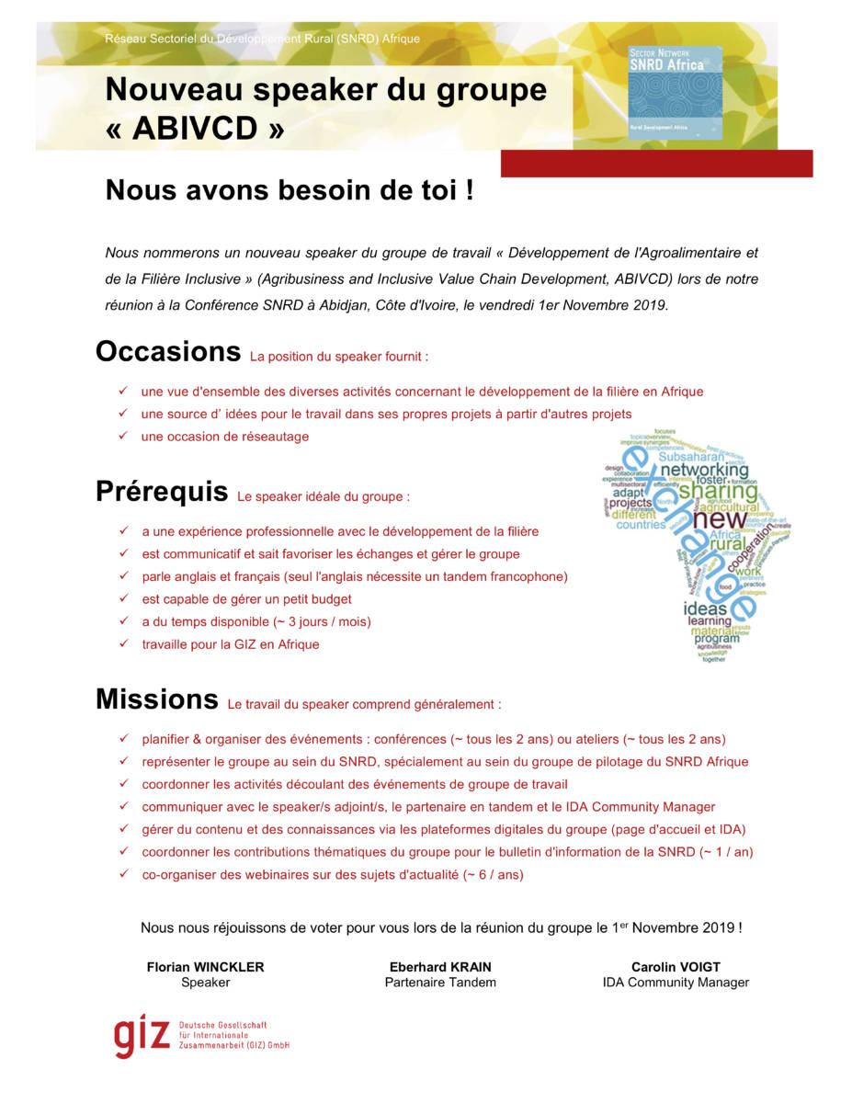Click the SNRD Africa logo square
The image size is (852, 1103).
coord(675,93)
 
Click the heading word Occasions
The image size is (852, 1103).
coord(168,351)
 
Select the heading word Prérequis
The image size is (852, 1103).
coord(162,492)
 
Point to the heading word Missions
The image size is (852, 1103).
coord(157,699)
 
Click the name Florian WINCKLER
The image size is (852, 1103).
coord(205,967)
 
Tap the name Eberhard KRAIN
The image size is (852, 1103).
coord(440,967)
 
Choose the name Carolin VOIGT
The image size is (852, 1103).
coord(676,967)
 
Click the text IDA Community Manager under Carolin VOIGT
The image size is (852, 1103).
coord(676,983)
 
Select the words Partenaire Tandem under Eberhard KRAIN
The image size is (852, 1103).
coord(440,983)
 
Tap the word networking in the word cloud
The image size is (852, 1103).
coord(705,471)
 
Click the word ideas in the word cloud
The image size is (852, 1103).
coord(705,608)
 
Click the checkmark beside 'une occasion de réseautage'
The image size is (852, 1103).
coord(122,437)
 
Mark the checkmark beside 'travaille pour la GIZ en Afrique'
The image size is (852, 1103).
coord(123,644)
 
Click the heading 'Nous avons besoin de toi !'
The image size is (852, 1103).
coord(290,190)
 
